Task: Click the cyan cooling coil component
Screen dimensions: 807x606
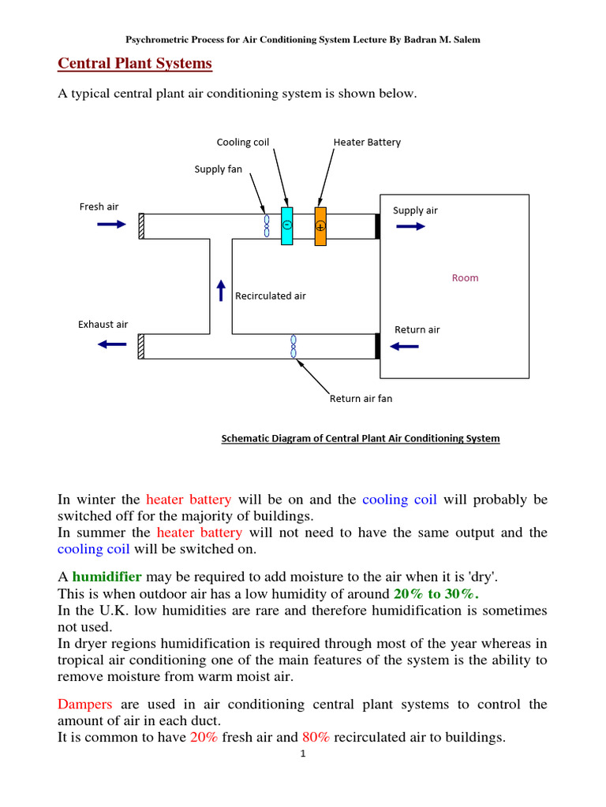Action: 286,225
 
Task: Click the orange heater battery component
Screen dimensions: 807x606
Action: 320,226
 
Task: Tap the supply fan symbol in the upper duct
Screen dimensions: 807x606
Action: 267,225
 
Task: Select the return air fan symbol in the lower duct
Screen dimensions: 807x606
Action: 294,347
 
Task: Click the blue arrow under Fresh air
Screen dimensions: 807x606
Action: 111,225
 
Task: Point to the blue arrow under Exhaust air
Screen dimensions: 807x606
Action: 111,344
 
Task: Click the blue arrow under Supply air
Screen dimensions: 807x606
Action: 410,226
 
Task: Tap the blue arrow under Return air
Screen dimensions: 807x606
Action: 406,346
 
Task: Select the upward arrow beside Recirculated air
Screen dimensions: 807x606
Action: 222,290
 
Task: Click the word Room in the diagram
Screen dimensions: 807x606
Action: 465,277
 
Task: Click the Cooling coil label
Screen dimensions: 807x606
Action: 243,143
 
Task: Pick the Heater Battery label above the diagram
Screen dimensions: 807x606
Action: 367,143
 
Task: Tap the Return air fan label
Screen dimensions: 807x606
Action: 361,399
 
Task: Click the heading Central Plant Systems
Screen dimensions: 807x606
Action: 136,63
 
